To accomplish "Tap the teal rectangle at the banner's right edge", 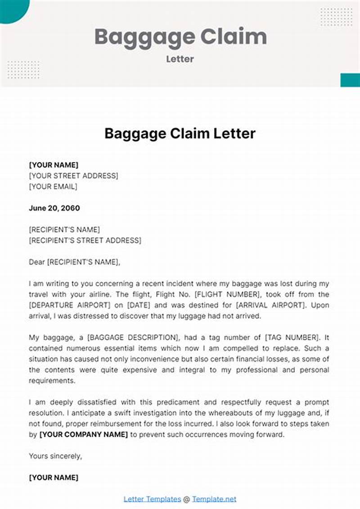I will click(x=350, y=80).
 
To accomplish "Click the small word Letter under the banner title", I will click(x=180, y=59).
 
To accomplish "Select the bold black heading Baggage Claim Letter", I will click(x=180, y=134).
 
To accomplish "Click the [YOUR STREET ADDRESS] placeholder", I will click(x=73, y=176).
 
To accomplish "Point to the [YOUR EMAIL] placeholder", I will click(x=53, y=187).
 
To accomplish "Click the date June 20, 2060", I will click(x=54, y=208).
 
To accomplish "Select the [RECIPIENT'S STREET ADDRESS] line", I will click(x=85, y=241).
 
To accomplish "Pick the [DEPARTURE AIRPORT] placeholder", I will click(x=72, y=305).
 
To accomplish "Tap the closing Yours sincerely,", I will click(x=55, y=456).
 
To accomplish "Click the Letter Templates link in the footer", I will click(x=152, y=499).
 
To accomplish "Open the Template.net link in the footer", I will click(x=214, y=499).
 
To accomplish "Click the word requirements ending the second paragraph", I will click(x=52, y=381).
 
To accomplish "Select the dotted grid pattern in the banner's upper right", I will click(x=336, y=17).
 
